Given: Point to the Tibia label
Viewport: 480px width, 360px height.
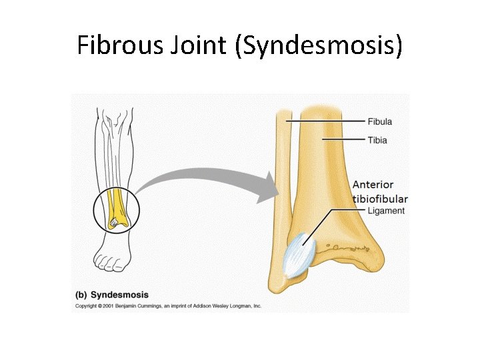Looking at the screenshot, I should (377, 140).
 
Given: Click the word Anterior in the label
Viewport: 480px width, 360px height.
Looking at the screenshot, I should (373, 185).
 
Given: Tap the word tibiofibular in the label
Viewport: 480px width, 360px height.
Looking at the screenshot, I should (380, 199).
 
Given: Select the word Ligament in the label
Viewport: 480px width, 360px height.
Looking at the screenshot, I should (386, 211).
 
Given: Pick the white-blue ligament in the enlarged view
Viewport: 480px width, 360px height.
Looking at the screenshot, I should (298, 255).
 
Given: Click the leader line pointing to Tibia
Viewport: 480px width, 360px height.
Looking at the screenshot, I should (343, 139).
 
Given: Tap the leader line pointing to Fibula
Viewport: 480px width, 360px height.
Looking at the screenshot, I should (327, 121).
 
